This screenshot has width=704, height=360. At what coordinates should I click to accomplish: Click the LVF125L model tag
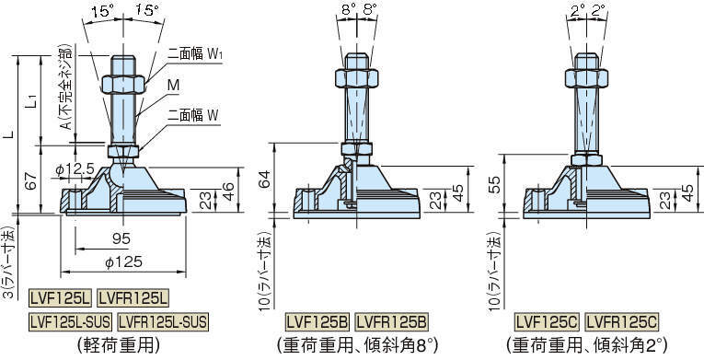click(60, 297)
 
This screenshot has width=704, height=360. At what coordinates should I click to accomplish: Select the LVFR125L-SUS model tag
click(163, 322)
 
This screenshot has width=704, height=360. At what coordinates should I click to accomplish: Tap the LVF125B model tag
click(317, 322)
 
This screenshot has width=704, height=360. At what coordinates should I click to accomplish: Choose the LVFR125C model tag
click(622, 322)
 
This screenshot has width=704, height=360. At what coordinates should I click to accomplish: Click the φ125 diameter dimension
click(123, 262)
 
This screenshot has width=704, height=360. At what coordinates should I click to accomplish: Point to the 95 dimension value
click(121, 238)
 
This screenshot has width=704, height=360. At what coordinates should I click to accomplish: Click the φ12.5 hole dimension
click(75, 169)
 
